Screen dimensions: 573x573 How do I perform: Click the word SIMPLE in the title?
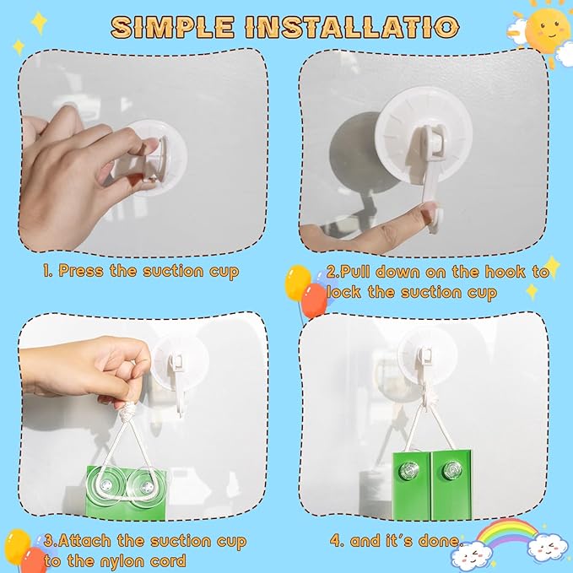point(172,27)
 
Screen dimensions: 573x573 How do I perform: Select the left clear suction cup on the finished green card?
point(409,470)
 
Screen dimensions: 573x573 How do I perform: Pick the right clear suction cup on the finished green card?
point(452,470)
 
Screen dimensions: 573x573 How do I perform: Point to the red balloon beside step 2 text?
point(314,300)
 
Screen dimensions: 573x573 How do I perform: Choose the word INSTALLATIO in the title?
point(354,27)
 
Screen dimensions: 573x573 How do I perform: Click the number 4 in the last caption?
point(335,541)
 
